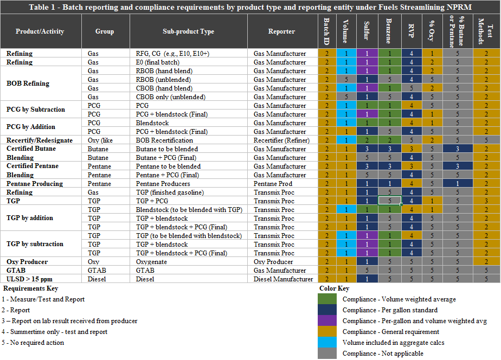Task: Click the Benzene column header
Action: coord(389,31)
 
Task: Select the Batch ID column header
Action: coord(327,31)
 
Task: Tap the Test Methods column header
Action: coord(486,31)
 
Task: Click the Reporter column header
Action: coord(281,31)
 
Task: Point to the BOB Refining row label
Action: coord(28,83)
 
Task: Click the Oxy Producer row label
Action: coord(27,262)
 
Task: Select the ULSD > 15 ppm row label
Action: coord(31,279)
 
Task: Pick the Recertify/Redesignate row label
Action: coord(40,140)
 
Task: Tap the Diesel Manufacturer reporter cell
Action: coord(284,279)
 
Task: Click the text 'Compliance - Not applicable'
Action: coord(383,353)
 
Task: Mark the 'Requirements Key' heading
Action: coord(30,288)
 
